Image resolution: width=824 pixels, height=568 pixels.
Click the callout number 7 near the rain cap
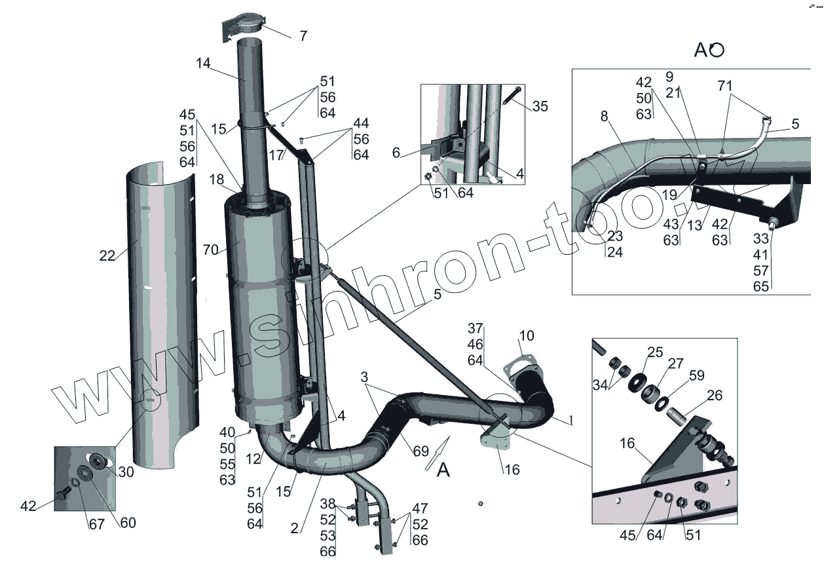coord(303,36)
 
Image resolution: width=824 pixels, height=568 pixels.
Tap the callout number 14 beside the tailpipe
coord(202,64)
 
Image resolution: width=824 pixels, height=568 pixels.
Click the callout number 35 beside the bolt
coord(540,107)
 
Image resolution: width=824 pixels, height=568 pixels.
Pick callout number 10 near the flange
coord(526,337)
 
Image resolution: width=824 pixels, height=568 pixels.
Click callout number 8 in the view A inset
coord(605,116)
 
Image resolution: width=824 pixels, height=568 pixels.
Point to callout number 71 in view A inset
coord(724,86)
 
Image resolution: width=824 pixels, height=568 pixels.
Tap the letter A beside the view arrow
coord(443,470)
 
